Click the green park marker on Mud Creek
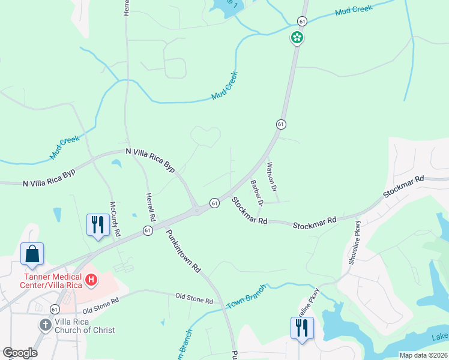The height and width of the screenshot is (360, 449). [297, 38]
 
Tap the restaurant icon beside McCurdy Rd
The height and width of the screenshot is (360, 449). [97, 225]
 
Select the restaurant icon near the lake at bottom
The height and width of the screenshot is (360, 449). [301, 328]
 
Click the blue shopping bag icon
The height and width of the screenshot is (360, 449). [32, 253]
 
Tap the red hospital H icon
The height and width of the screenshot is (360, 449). [91, 280]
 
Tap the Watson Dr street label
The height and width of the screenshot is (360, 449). [272, 176]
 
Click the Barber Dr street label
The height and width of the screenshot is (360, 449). [257, 193]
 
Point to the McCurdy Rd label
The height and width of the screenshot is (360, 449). [115, 217]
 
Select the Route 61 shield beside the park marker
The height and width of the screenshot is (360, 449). [301, 21]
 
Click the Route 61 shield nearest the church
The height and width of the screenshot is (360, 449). [55, 309]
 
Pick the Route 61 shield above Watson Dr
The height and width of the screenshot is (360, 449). [280, 124]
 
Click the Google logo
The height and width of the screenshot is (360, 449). [20, 353]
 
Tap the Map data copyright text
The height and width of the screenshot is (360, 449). [423, 355]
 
